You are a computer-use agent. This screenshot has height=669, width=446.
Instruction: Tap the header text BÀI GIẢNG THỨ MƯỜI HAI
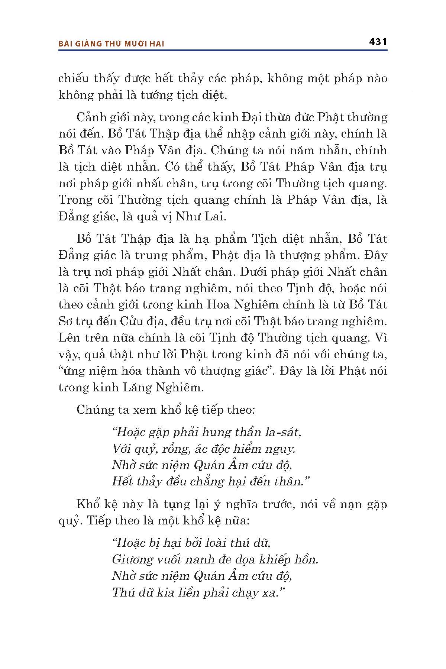tap(111, 44)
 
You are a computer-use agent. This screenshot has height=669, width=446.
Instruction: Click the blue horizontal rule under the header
tap(223, 50)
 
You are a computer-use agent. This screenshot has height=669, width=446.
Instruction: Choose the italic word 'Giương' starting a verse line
tap(133, 560)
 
